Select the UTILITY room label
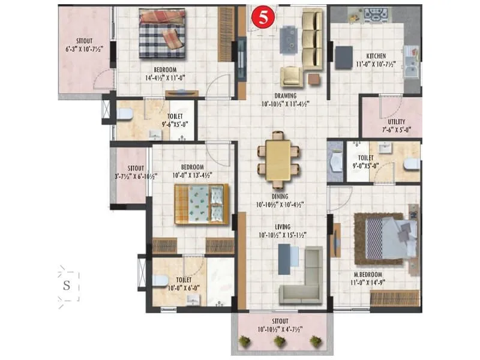point(396,121)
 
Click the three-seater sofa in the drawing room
point(312,39)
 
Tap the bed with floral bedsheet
point(202,204)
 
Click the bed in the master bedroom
point(390,237)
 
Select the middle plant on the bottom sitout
point(279,341)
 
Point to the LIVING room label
point(279,226)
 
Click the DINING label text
point(280,196)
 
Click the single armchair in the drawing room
point(292,77)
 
